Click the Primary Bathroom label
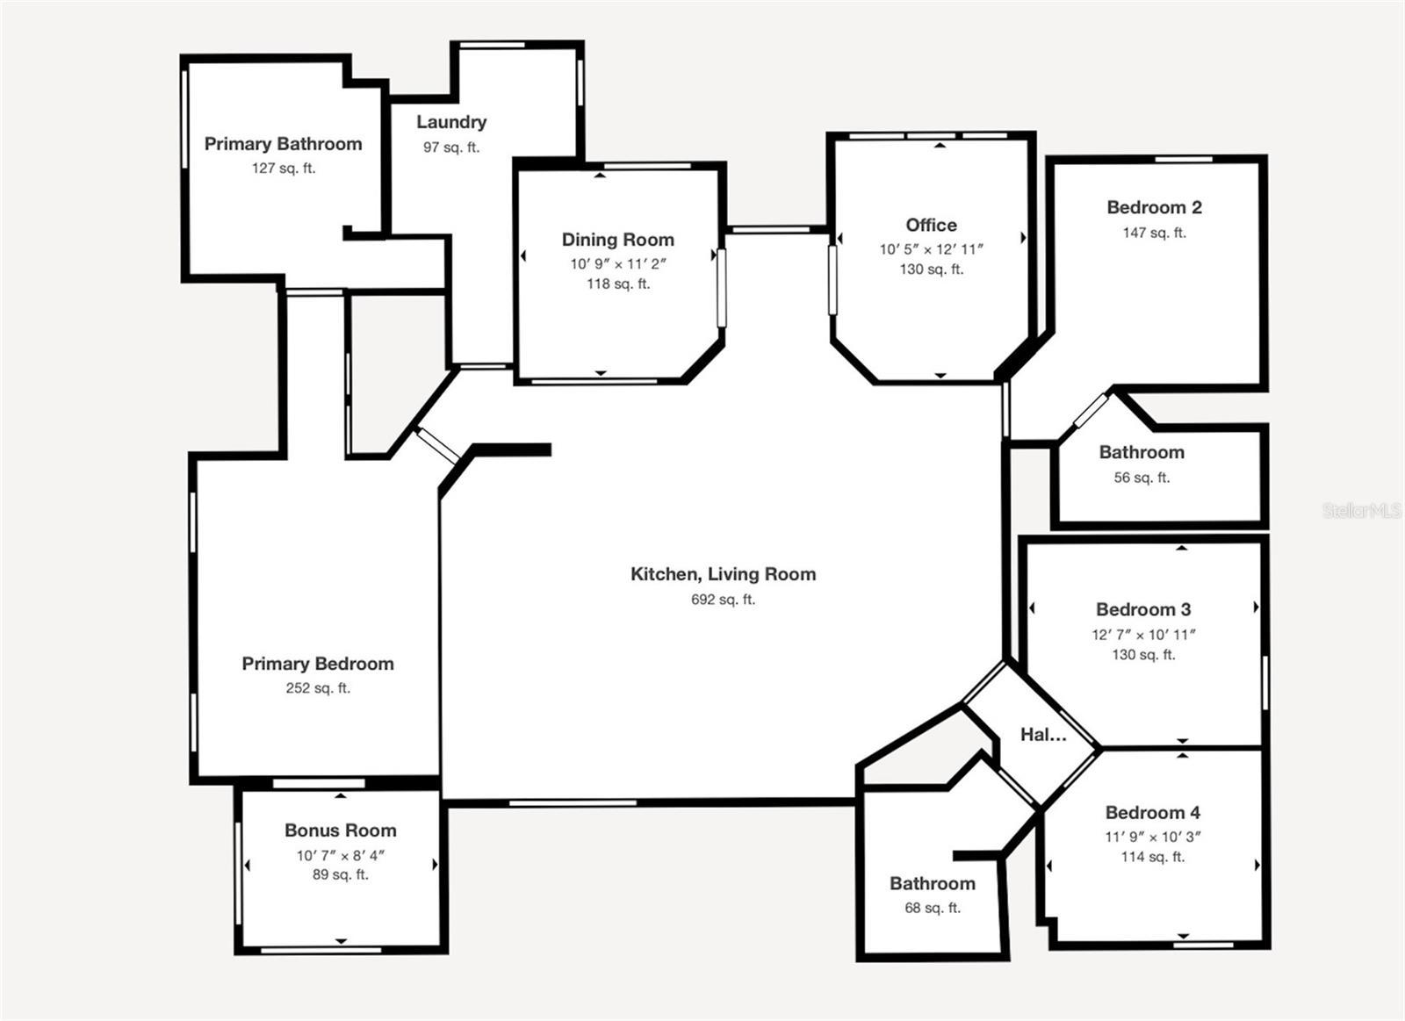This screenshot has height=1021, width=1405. click(x=283, y=144)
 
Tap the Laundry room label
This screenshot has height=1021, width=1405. click(x=451, y=122)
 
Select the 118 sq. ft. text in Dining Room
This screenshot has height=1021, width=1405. click(x=618, y=284)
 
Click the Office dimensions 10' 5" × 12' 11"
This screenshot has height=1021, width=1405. click(x=931, y=249)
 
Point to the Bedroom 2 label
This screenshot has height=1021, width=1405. click(x=1154, y=208)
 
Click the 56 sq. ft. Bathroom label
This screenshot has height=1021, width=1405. click(x=1142, y=453)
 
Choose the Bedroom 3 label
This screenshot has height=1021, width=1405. click(x=1143, y=609)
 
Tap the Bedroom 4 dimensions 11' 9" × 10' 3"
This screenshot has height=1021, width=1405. click(x=1152, y=837)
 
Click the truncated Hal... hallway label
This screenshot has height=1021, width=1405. click(x=1043, y=735)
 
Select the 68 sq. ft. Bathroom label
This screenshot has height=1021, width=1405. click(x=933, y=884)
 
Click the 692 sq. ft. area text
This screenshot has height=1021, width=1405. click(x=723, y=600)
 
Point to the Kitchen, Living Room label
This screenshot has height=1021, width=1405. click(x=723, y=574)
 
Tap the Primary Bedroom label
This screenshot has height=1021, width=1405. click(x=318, y=664)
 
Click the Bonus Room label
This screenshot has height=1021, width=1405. click(x=341, y=830)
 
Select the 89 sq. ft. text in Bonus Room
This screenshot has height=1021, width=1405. click(x=341, y=874)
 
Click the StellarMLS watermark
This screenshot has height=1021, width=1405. click(x=1361, y=510)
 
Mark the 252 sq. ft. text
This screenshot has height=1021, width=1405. click(x=318, y=688)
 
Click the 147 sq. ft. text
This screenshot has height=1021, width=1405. click(x=1154, y=233)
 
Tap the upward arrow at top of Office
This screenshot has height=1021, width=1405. click(x=940, y=145)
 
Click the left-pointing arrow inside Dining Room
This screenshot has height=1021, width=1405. click(x=523, y=256)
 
